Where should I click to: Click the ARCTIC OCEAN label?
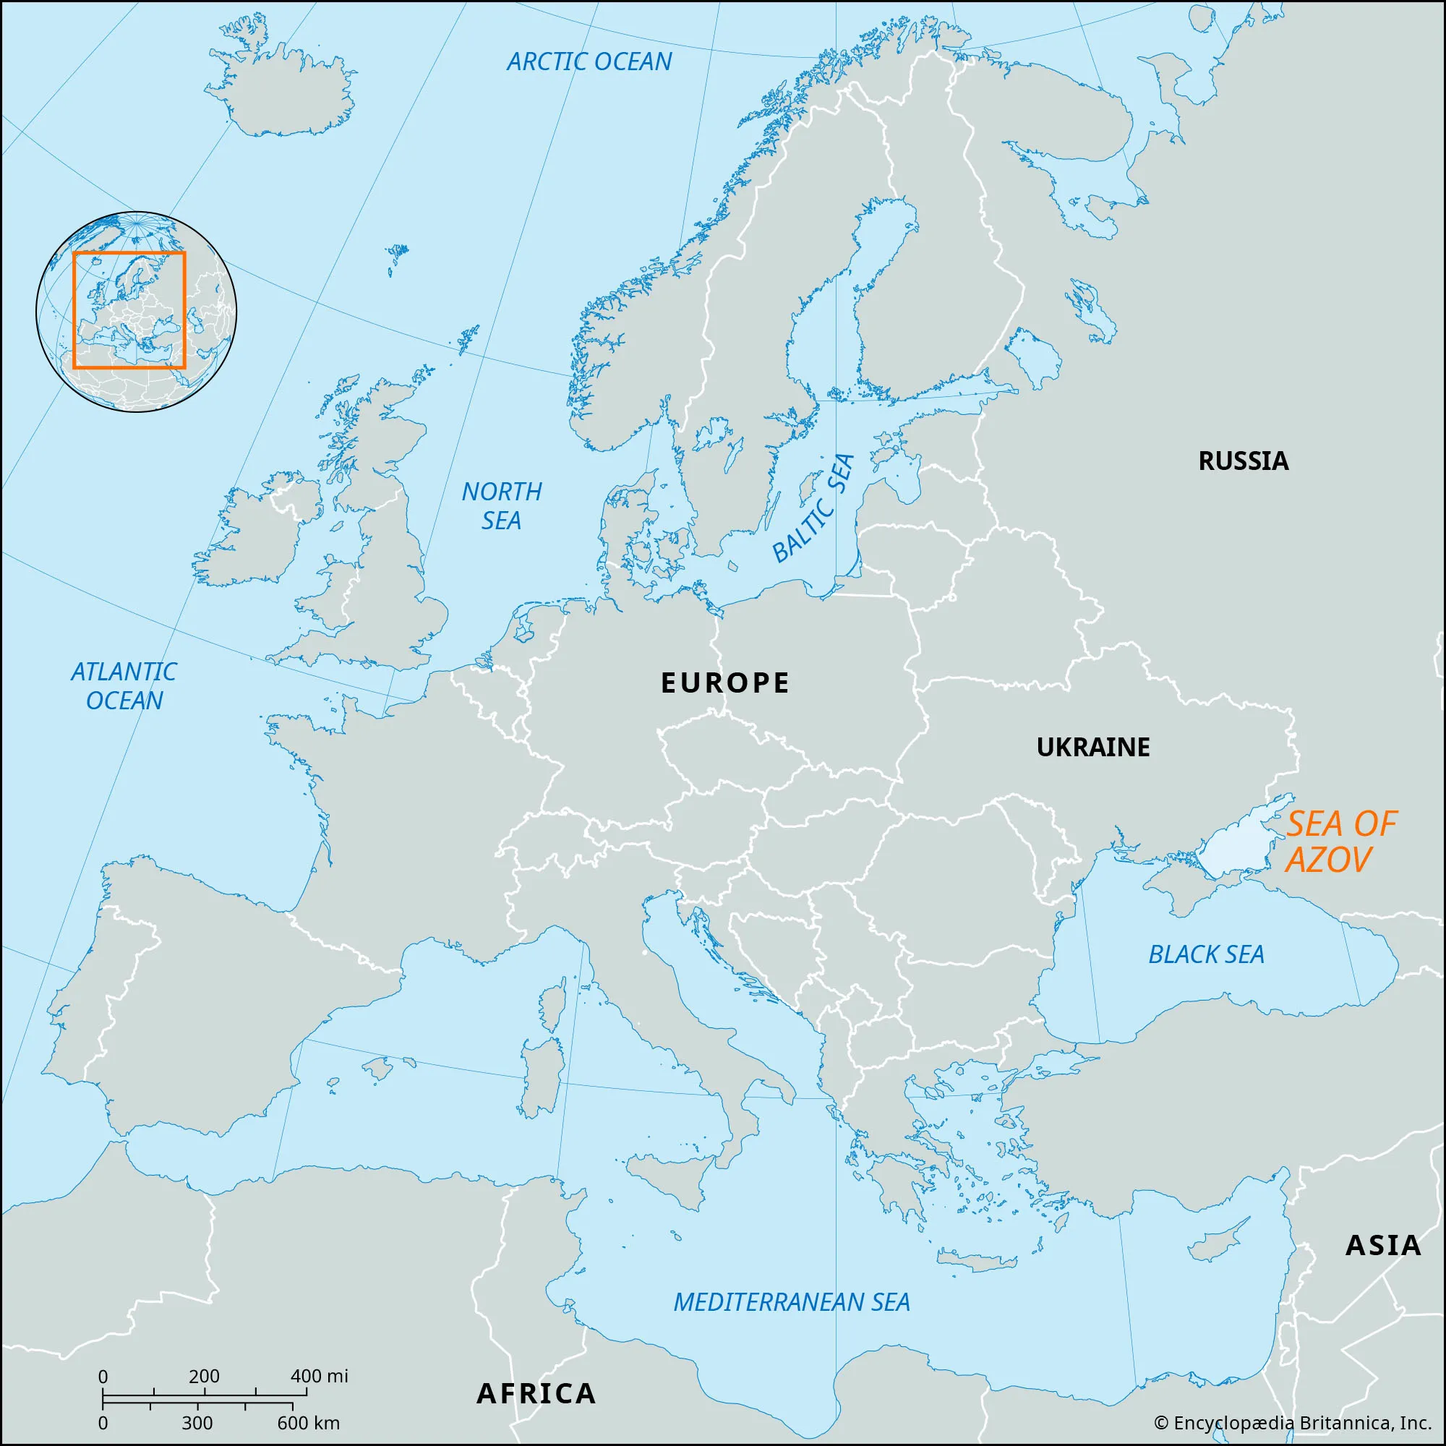point(589,61)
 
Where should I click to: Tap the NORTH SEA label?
point(502,506)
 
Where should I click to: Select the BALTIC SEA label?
point(813,508)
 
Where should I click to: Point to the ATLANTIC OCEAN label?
point(124,685)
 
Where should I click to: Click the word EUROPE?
point(724,683)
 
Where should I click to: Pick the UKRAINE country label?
point(1092,747)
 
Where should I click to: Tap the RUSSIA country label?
point(1243,461)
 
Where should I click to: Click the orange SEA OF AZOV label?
point(1340,842)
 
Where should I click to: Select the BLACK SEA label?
point(1206,954)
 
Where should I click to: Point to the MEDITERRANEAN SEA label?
point(792,1302)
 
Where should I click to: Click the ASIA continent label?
point(1383,1246)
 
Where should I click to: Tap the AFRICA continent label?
point(536,1394)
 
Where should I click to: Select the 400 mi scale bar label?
point(319,1376)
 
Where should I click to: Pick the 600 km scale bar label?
point(309,1423)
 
